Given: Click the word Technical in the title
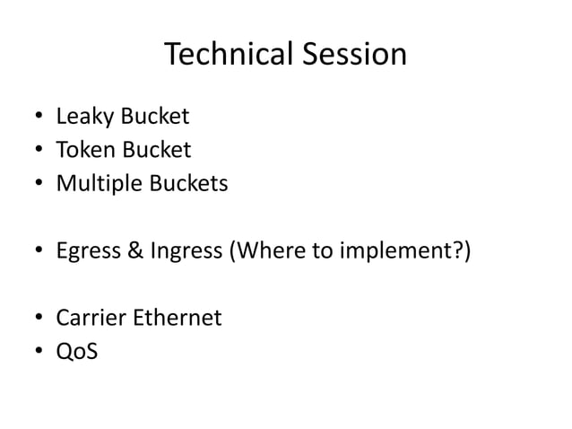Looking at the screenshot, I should point(226,55).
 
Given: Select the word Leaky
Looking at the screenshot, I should point(83,117).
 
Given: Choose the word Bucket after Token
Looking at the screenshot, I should point(157,150).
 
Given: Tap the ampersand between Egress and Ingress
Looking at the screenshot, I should point(132,250).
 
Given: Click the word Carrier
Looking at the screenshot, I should point(90,318).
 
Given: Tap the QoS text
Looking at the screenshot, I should point(77,352).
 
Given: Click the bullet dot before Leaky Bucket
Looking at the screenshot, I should point(39,118).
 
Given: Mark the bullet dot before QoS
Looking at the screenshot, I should point(39,353).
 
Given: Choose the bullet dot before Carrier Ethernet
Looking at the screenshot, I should point(39,319).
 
